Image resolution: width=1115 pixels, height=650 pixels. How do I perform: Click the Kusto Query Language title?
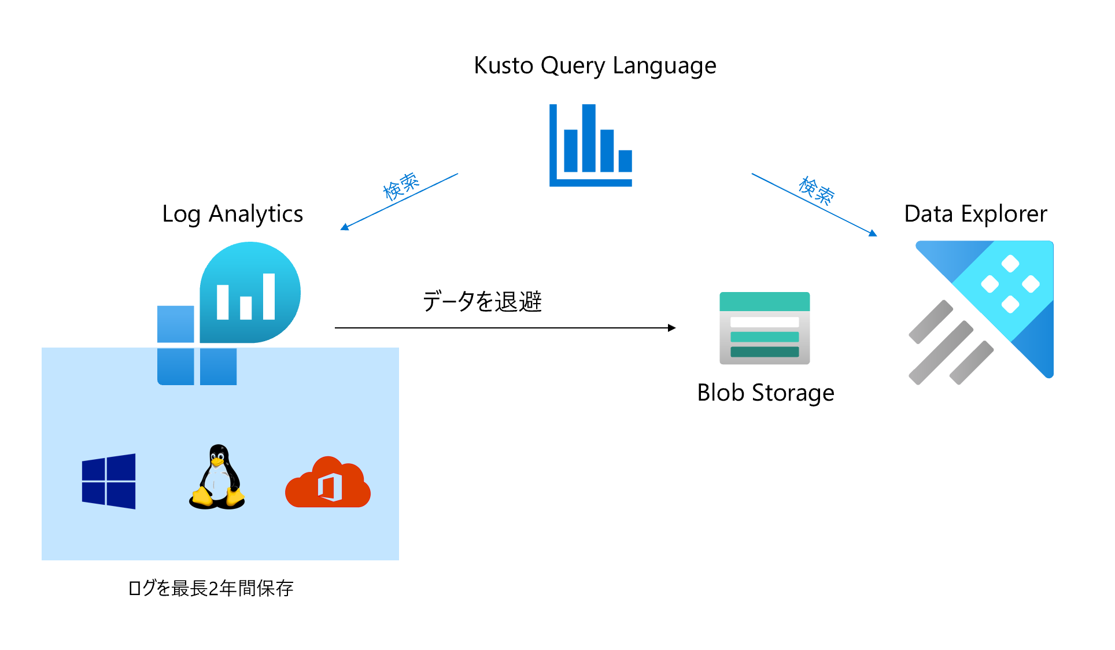point(595,66)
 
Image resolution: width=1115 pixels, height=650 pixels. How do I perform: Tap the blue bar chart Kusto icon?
point(590,145)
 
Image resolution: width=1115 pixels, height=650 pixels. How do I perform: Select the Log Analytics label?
point(232,215)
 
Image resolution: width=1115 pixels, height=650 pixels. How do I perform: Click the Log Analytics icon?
point(229,313)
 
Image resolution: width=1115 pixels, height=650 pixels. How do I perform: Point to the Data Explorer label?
point(976,215)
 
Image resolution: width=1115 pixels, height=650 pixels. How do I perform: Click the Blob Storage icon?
point(765,328)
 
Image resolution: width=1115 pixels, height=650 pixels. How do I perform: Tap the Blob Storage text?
point(766,393)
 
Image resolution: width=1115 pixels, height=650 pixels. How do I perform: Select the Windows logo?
point(109,481)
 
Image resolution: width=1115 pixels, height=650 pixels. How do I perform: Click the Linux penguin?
point(217,477)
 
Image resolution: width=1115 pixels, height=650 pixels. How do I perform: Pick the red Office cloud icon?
point(328,482)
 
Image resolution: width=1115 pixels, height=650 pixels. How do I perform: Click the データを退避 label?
point(482,301)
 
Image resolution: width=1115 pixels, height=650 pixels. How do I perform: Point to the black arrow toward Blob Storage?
point(505,328)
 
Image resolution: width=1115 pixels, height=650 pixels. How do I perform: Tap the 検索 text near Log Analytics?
point(401,186)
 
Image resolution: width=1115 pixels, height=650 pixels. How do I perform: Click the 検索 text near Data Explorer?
point(816,191)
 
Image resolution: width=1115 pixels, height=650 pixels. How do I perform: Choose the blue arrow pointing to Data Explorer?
point(814,205)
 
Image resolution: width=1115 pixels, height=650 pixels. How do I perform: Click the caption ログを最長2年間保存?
point(211,589)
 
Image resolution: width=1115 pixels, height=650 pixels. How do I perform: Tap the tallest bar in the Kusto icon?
point(589,138)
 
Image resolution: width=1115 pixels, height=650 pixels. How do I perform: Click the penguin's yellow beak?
point(217,462)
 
